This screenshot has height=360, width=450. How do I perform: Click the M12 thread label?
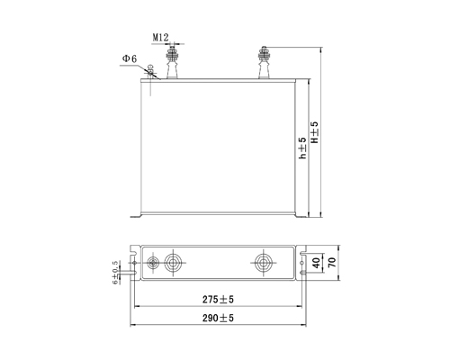click(x=162, y=38)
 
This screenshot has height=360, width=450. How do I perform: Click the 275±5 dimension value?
click(x=220, y=300)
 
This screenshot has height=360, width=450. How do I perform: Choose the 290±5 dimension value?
click(x=220, y=319)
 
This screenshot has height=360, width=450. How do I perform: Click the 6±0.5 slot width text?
click(x=115, y=272)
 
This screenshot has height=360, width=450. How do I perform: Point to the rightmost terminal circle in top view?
click(x=263, y=263)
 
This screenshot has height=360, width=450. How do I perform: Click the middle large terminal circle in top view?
click(x=174, y=263)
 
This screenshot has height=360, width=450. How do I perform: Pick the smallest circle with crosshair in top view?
click(x=154, y=263)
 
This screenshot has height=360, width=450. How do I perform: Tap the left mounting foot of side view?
click(x=137, y=214)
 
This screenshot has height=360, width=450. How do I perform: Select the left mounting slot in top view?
click(x=132, y=264)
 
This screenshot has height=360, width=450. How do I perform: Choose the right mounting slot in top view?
click(x=302, y=264)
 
